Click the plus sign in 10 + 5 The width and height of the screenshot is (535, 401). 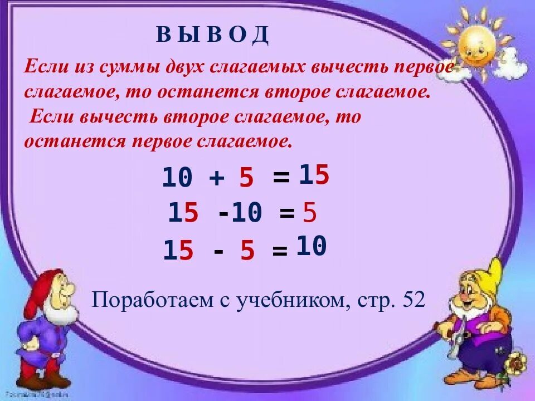(217, 178)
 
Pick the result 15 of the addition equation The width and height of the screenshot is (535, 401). (314, 176)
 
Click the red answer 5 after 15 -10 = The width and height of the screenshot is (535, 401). (309, 213)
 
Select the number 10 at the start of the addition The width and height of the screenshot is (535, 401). (177, 178)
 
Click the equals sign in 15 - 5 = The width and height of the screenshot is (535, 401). (280, 252)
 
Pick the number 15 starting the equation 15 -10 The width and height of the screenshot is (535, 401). (183, 213)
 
